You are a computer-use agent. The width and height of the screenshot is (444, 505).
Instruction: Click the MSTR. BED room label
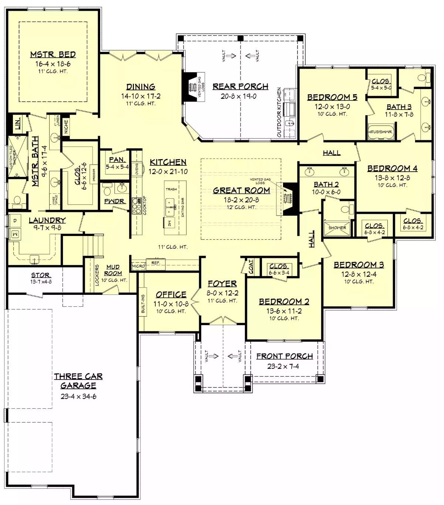click(53, 55)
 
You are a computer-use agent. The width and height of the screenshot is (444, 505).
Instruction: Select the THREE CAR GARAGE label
click(78, 381)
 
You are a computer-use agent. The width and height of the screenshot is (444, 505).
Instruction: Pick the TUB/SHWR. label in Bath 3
click(380, 132)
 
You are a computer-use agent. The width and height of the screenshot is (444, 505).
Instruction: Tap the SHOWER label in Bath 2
click(337, 228)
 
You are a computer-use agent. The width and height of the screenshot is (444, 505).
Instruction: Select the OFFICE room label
click(171, 294)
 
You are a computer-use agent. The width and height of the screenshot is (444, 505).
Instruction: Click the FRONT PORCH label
click(285, 356)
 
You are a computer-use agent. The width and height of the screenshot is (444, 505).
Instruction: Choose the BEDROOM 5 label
click(332, 97)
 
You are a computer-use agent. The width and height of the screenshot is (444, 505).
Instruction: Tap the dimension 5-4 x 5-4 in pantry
click(117, 167)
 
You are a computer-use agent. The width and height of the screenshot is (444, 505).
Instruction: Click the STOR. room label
click(41, 275)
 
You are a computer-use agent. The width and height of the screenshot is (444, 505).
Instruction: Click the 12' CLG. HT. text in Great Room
click(241, 207)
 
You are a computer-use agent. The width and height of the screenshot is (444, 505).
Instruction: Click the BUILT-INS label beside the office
click(143, 304)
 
